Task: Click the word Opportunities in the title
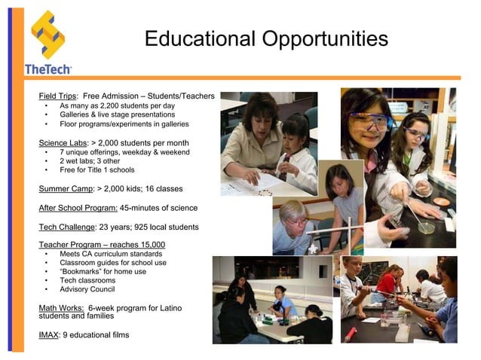(321, 38)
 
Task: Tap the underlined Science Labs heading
(63, 142)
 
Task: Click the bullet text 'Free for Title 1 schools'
(102, 169)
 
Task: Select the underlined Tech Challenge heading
(67, 227)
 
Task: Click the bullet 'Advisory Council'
(87, 289)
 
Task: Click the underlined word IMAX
(48, 335)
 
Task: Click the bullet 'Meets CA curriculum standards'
(111, 254)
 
